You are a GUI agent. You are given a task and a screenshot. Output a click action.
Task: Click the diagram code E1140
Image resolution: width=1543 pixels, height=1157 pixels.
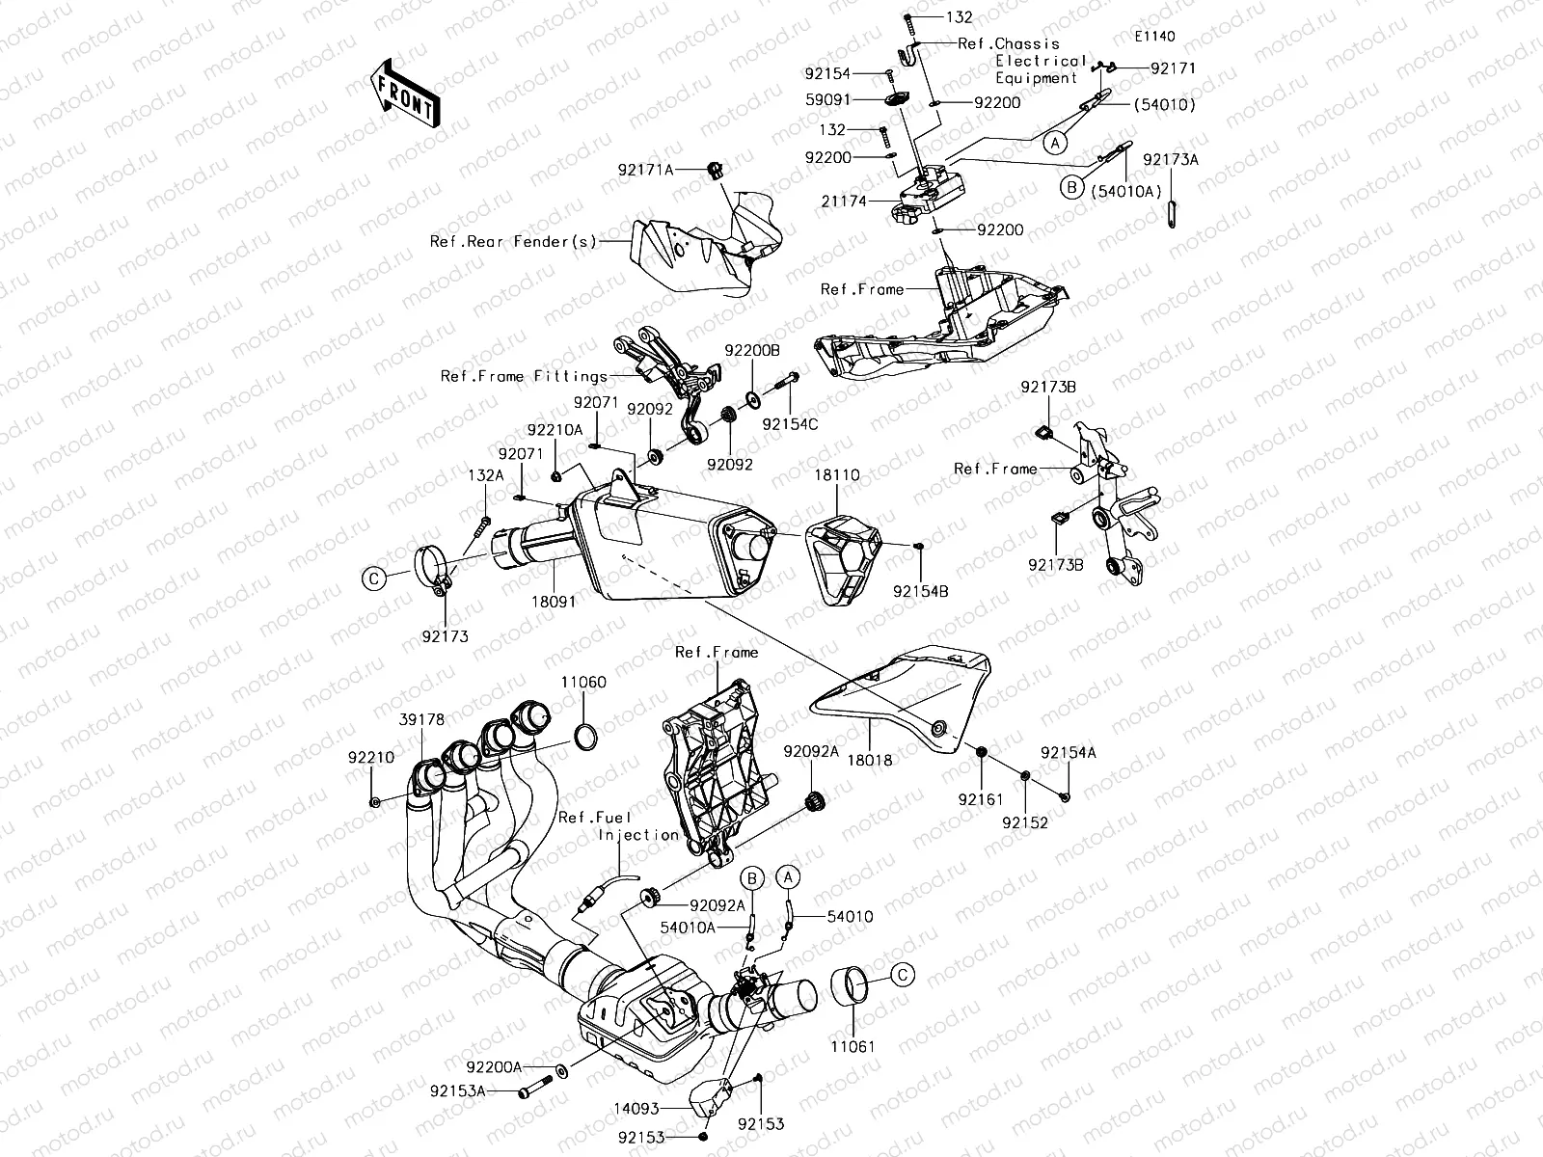[x=1154, y=37]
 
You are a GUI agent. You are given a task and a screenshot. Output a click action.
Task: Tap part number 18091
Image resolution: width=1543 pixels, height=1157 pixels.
[x=555, y=600]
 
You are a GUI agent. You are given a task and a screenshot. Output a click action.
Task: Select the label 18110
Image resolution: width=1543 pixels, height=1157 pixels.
[x=835, y=475]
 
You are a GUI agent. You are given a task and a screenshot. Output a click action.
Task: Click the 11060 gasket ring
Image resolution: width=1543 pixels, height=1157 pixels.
[x=584, y=738]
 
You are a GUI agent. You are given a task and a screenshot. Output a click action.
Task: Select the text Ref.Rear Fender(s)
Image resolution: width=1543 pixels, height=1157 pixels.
[x=514, y=241]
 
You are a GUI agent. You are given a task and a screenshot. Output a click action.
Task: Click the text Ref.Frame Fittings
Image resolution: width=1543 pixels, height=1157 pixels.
[x=525, y=376]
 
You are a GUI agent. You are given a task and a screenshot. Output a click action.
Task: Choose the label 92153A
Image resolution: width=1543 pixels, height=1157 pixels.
[x=458, y=1091]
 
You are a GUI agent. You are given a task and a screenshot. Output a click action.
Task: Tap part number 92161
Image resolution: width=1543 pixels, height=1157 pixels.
[x=981, y=798]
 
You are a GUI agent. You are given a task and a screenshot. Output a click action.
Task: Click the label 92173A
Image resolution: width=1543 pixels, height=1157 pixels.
[x=1171, y=160]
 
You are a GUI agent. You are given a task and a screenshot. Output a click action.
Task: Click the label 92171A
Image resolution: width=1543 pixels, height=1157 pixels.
[x=646, y=169]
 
